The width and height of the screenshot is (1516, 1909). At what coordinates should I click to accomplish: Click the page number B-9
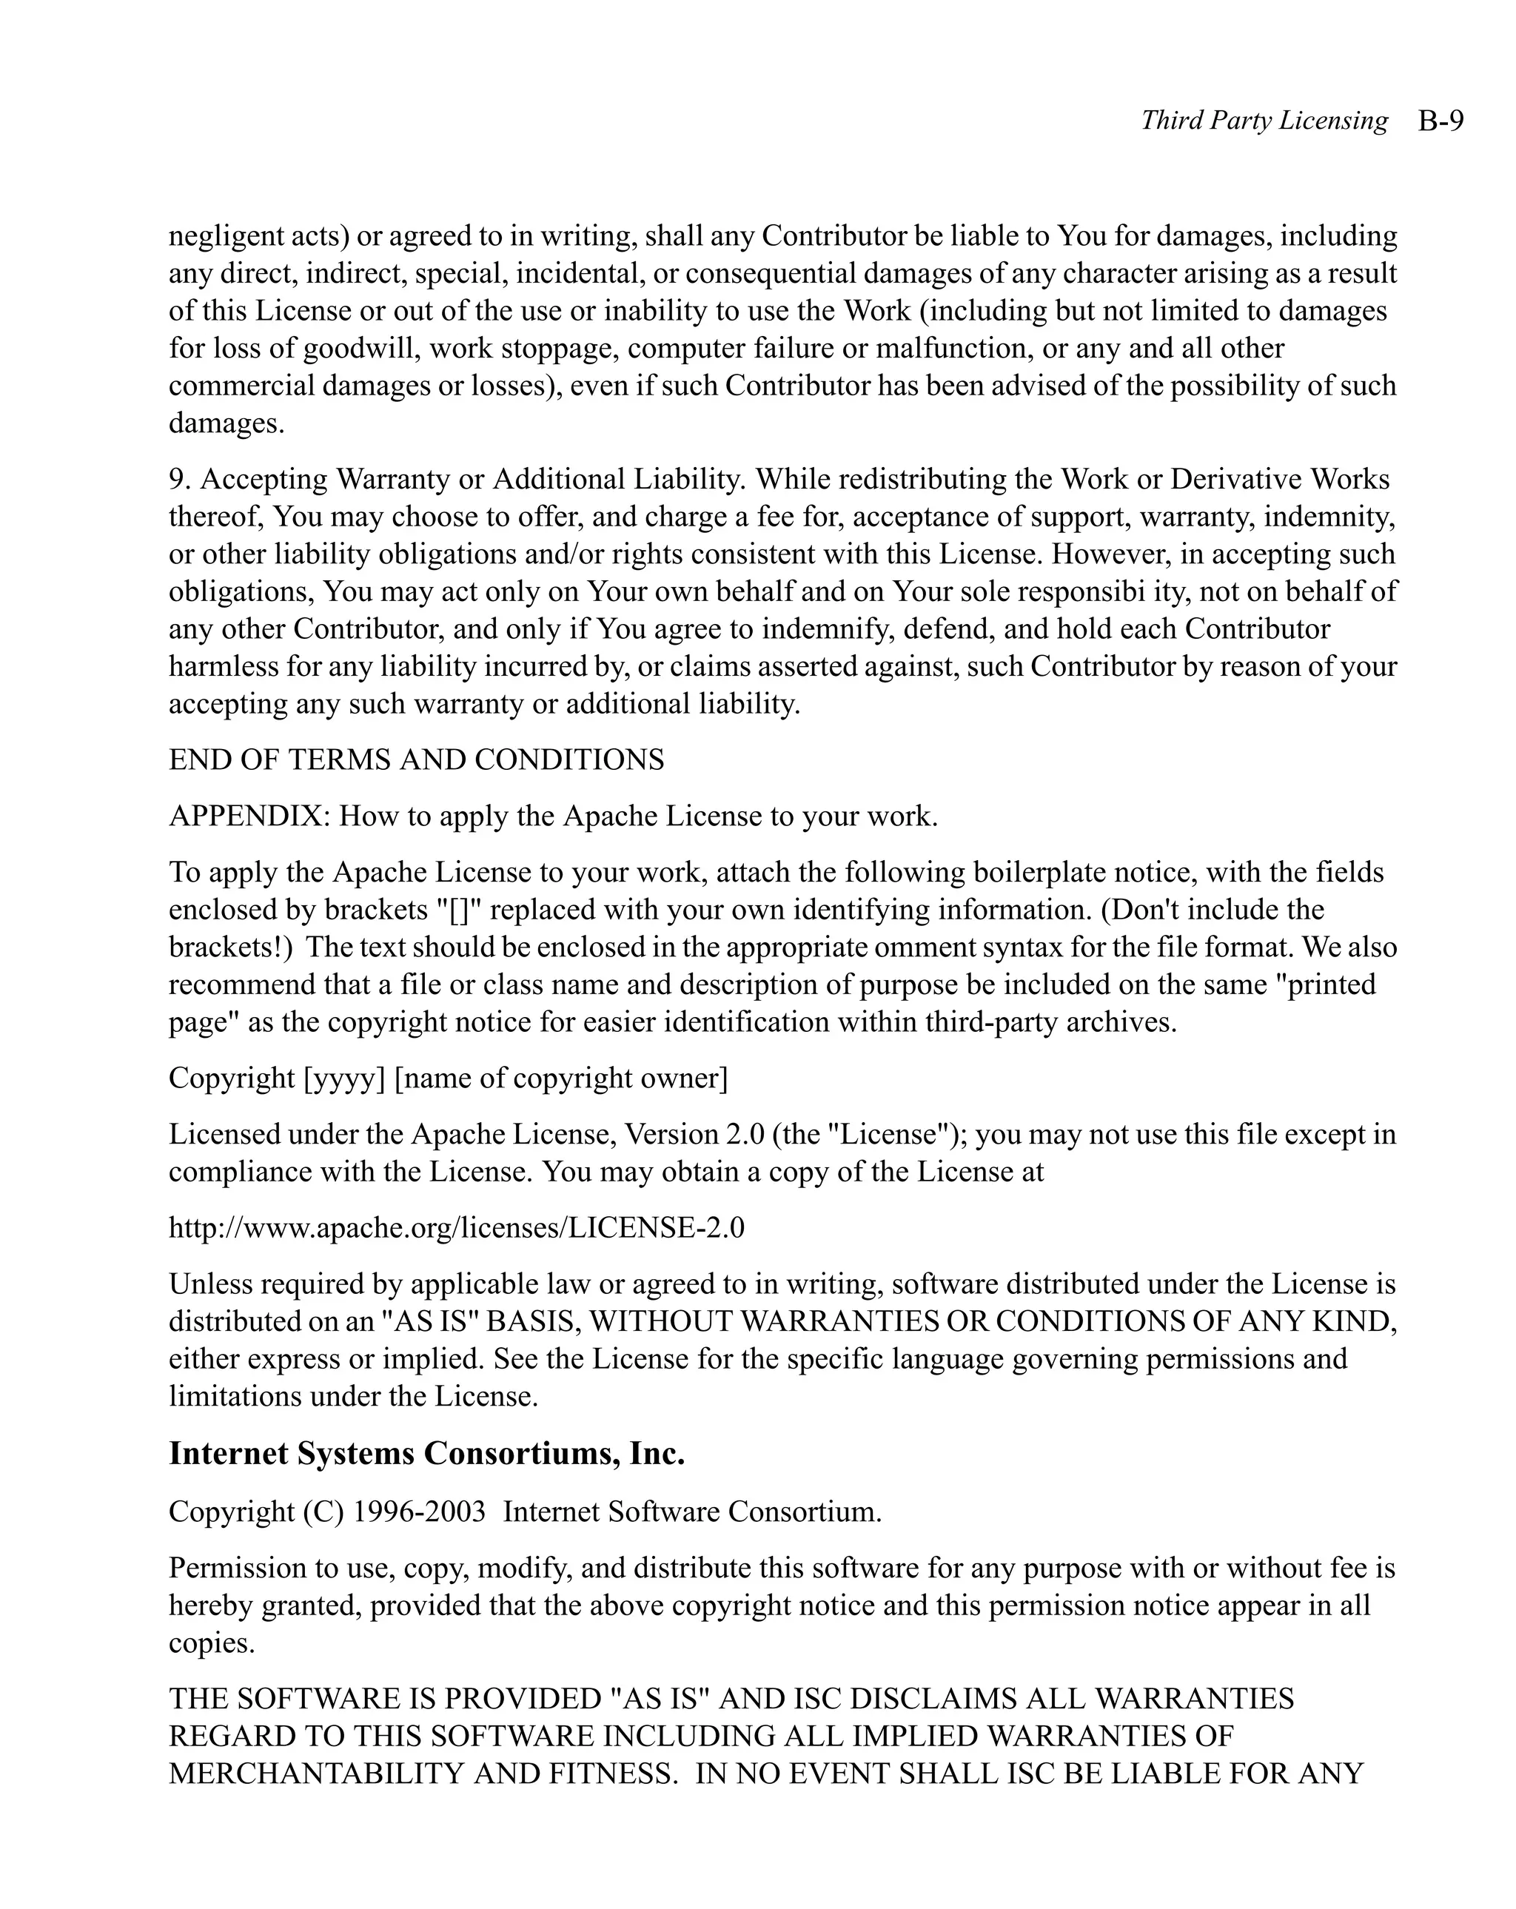pyautogui.click(x=1440, y=121)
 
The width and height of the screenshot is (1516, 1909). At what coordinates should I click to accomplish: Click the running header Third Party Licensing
pyautogui.click(x=1264, y=121)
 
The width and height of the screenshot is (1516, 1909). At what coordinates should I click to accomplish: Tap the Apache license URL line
pyautogui.click(x=456, y=1227)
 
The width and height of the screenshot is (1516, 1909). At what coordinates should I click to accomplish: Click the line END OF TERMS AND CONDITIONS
pyautogui.click(x=416, y=759)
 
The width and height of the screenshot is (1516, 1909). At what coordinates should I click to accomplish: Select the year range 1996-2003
pyautogui.click(x=419, y=1511)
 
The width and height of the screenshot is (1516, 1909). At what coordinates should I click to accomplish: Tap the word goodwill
pyautogui.click(x=361, y=348)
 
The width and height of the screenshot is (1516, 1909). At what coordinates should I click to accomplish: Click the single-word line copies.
pyautogui.click(x=212, y=1643)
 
